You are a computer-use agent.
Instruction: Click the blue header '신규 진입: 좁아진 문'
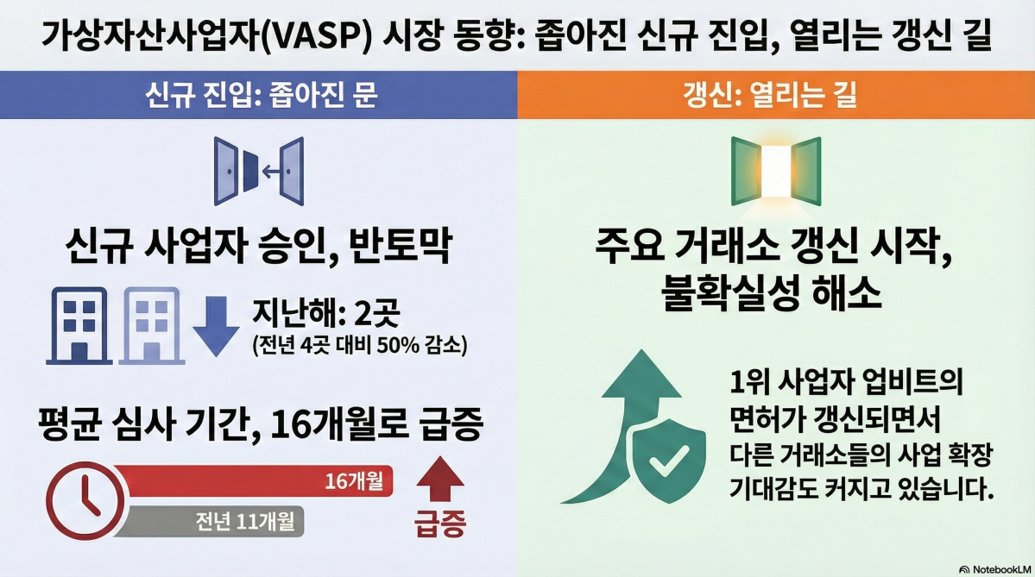coord(258,94)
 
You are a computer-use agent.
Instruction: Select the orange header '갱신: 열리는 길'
coord(775,94)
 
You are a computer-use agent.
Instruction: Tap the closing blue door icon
coord(258,172)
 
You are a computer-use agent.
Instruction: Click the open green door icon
coord(775,172)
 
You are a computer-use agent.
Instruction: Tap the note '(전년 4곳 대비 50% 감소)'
coord(359,347)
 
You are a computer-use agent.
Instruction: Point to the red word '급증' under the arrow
coord(440,524)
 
